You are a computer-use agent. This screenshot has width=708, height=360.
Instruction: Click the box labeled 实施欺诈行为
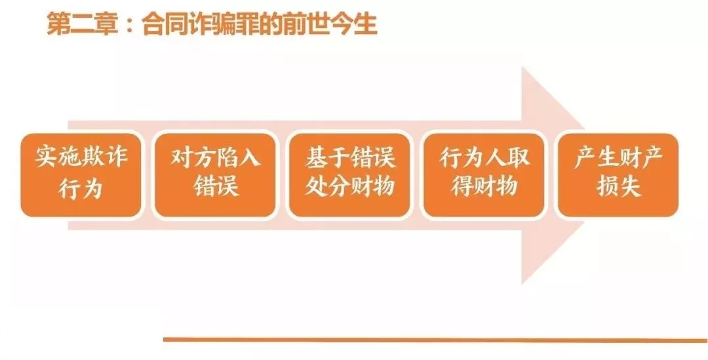pyautogui.click(x=81, y=175)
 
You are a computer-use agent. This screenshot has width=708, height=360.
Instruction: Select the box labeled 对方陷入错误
pyautogui.click(x=215, y=175)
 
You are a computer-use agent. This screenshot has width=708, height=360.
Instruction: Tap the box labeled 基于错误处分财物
pyautogui.click(x=349, y=175)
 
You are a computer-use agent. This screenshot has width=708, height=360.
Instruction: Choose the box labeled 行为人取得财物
pyautogui.click(x=484, y=175)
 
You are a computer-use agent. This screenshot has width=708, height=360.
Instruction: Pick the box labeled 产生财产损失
pyautogui.click(x=618, y=175)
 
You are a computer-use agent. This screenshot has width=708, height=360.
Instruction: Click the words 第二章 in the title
pyautogui.click(x=81, y=24)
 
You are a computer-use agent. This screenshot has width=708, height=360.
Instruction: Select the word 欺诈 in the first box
pyautogui.click(x=104, y=156)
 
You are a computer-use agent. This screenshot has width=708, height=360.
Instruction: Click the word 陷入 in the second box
pyautogui.click(x=238, y=156)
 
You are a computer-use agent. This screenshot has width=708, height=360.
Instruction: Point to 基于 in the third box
pyautogui.click(x=327, y=156)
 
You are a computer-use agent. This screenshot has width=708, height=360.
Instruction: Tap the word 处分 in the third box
pyautogui.click(x=327, y=185)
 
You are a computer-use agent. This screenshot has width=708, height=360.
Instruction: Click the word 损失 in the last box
pyautogui.click(x=619, y=185)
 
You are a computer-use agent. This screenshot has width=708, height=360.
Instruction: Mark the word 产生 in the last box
pyautogui.click(x=596, y=156)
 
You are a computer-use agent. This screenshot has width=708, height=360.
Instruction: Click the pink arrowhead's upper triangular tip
pyautogui.click(x=522, y=68)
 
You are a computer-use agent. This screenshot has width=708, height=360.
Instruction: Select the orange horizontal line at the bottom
pyautogui.click(x=435, y=340)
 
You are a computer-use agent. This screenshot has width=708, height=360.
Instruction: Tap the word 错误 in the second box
pyautogui.click(x=216, y=185)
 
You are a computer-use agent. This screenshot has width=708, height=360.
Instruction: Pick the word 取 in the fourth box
pyautogui.click(x=518, y=156)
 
